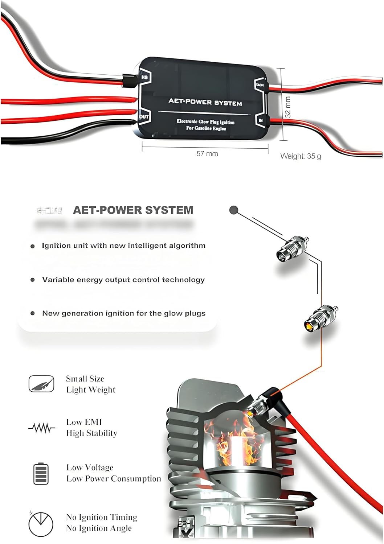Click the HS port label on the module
pos(144,77)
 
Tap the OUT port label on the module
pos(144,117)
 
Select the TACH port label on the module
pos(260,85)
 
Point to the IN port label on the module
pos(261,120)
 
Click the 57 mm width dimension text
pos(207,154)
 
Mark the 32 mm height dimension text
pos(288,107)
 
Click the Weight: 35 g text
pos(301,156)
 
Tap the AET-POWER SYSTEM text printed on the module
pos(205,102)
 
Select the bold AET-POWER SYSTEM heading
pos(133,210)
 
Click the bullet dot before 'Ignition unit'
pos(33,246)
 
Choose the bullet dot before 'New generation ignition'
pos(33,313)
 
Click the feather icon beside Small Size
pos(41,384)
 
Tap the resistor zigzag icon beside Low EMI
pos(42,428)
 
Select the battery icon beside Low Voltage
pos(41,473)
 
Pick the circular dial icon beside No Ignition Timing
pos(41,524)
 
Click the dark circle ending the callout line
pos(234,210)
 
